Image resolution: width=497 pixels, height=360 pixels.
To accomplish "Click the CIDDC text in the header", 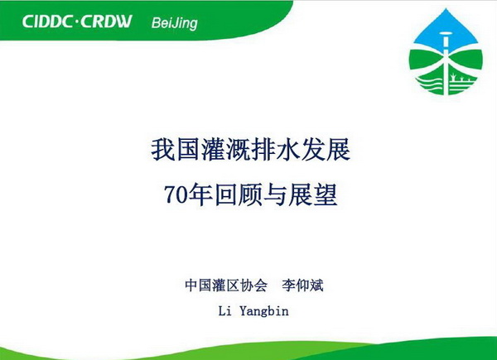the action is point(47,22).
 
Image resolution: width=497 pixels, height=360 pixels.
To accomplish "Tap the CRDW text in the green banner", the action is point(106,22).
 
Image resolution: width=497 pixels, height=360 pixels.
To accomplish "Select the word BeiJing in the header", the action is point(174,23).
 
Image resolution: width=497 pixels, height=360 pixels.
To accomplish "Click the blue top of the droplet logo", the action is point(446,30).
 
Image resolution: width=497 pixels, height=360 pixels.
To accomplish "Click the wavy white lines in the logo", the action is point(428,84).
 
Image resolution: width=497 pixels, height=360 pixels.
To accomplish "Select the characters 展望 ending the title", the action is point(313,194).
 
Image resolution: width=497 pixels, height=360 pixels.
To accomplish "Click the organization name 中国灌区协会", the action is point(226,285).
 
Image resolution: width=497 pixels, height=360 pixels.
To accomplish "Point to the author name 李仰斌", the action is point(302,285).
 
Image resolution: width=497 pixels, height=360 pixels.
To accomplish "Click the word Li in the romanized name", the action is point(224,311).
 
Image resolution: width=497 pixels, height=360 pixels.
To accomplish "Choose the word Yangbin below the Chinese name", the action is point(264,311).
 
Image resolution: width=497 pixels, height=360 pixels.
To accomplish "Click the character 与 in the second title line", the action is point(275,194).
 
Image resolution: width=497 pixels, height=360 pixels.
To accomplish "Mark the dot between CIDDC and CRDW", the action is point(76,22).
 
